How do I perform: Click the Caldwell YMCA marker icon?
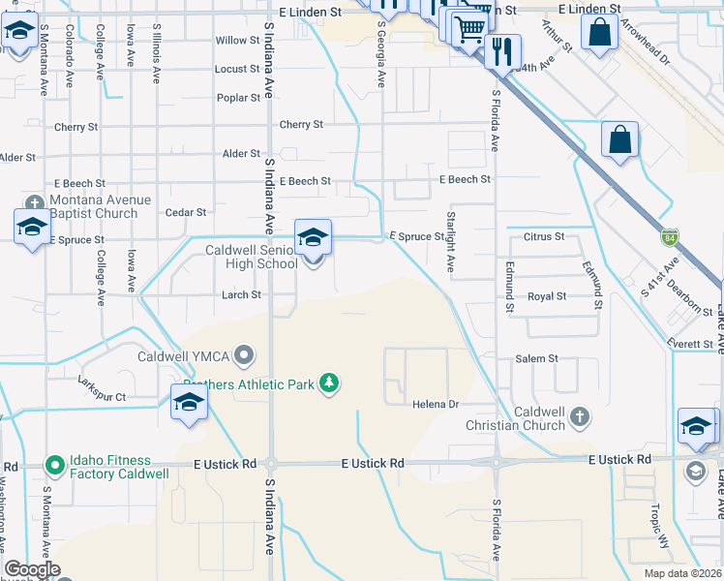245,356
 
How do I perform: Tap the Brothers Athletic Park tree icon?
330,384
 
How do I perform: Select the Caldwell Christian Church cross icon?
579,417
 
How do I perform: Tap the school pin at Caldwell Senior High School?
313,238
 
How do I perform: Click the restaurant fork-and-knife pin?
501,51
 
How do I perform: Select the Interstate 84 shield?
670,236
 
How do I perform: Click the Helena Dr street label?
435,404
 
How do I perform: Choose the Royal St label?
547,296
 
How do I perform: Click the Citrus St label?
544,236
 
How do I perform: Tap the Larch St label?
241,294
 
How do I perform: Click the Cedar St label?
186,212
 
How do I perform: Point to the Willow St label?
238,41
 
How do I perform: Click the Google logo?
32,569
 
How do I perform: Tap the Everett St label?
688,342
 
